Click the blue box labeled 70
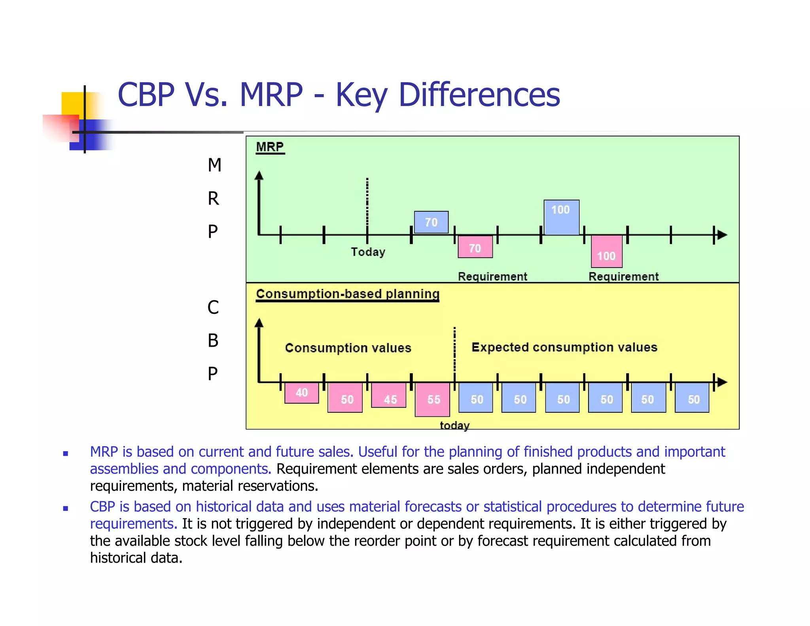tap(431, 222)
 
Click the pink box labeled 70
tap(475, 247)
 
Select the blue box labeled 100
tap(561, 217)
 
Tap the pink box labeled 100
tap(606, 252)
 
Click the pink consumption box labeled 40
tap(302, 393)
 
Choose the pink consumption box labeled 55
tap(432, 399)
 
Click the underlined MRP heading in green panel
tap(270, 147)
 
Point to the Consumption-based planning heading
tap(347, 294)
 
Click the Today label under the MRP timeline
tap(368, 252)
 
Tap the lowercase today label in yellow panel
tap(454, 425)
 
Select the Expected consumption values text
tap(564, 347)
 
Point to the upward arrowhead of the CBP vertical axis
tap(259, 322)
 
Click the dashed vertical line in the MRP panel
tap(367, 202)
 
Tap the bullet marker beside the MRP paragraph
tap(66, 453)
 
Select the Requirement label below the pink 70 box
tap(492, 276)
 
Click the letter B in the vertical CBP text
tap(213, 340)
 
